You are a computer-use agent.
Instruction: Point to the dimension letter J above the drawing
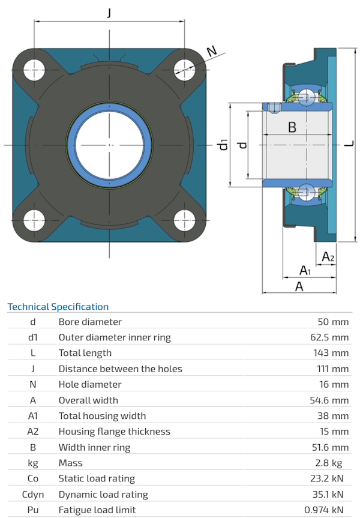click(109, 13)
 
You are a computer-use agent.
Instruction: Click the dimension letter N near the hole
click(211, 52)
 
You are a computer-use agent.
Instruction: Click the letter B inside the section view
click(292, 127)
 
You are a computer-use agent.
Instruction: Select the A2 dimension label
click(328, 257)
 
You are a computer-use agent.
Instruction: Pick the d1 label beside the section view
click(223, 145)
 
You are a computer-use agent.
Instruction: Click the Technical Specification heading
click(58, 307)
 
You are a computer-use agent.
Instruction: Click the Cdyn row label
click(33, 495)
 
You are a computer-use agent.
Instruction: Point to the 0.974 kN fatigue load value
click(327, 510)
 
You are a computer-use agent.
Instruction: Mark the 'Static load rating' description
click(97, 478)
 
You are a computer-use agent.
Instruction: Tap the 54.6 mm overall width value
click(328, 400)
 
